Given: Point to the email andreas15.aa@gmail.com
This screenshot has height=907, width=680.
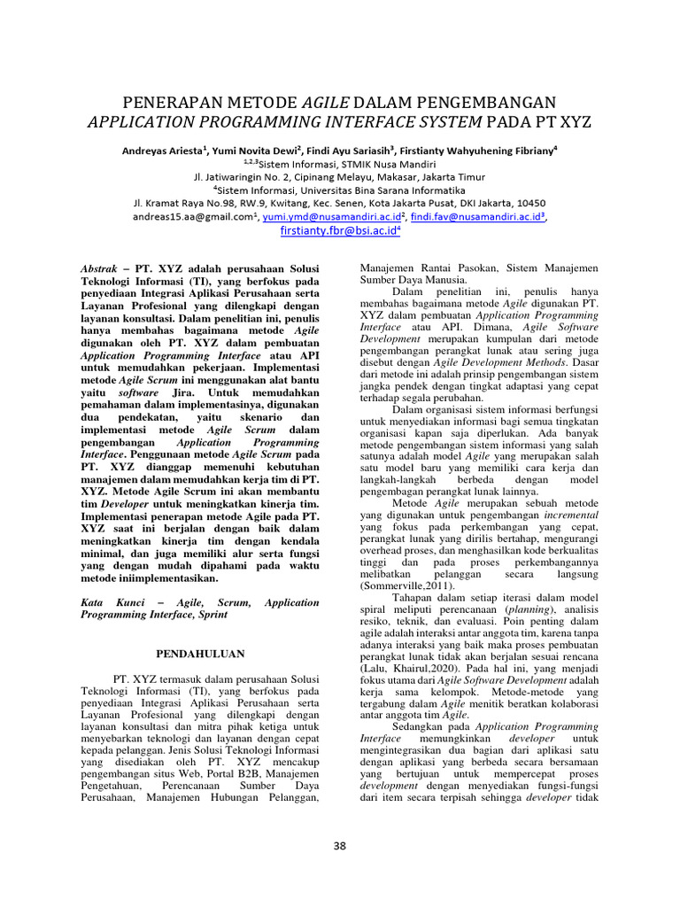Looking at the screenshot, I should coord(192,215).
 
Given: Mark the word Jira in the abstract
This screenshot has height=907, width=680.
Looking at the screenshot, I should coord(226,392).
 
